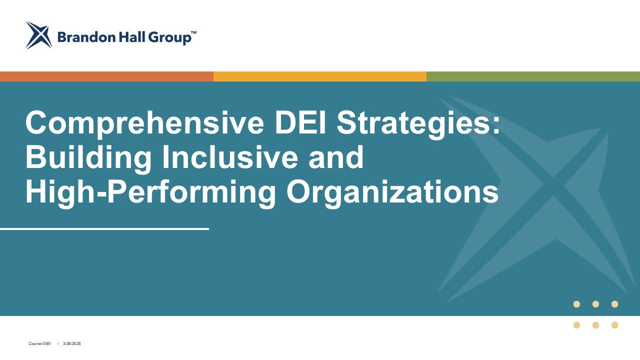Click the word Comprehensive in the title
click(145, 123)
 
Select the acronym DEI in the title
click(300, 122)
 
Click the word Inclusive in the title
click(230, 157)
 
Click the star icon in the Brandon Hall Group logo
click(39, 35)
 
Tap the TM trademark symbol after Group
click(193, 32)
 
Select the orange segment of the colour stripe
click(106, 76)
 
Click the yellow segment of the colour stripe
click(320, 76)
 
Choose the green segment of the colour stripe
click(533, 76)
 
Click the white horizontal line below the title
click(104, 229)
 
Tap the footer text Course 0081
click(39, 343)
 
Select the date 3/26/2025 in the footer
click(71, 343)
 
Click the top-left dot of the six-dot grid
click(576, 304)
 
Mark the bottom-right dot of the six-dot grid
click(614, 325)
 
